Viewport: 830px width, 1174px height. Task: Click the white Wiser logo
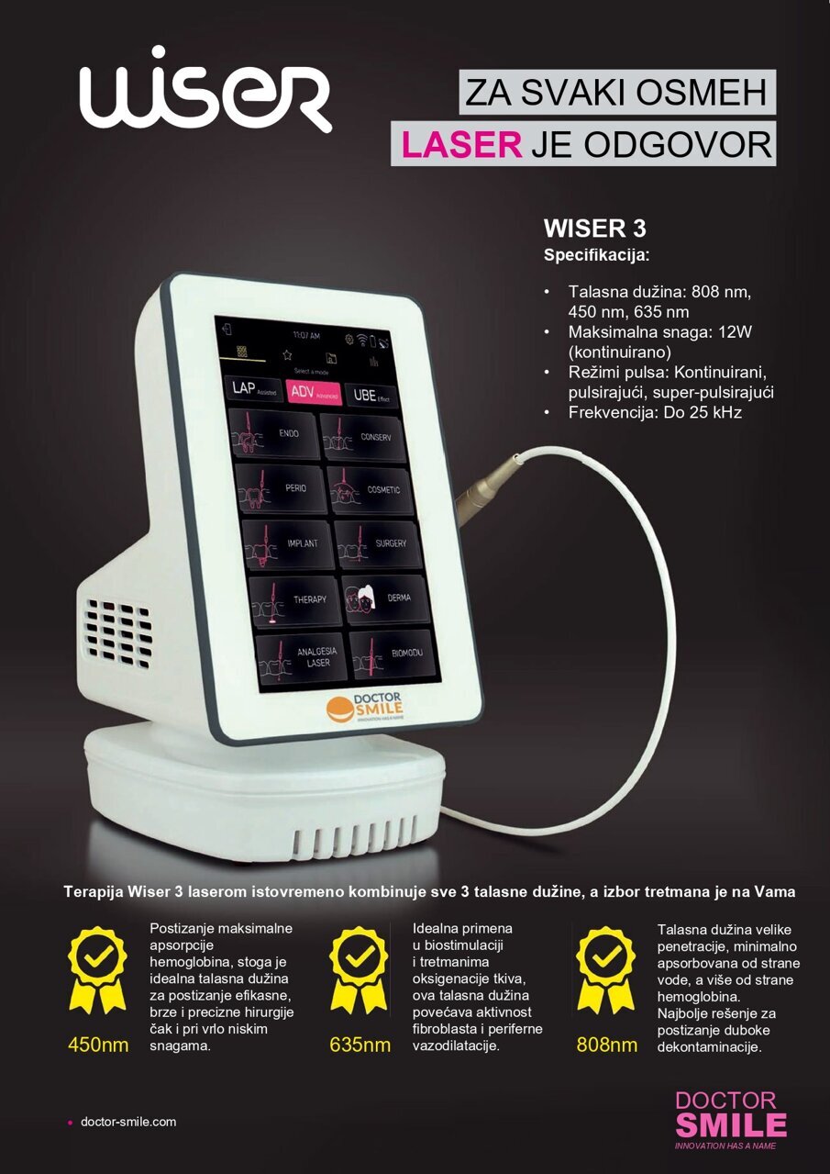coord(204,90)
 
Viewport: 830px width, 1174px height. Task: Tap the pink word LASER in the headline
coord(461,144)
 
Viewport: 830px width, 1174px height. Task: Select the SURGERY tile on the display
coord(379,543)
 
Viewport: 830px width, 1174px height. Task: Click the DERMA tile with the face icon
coord(386,598)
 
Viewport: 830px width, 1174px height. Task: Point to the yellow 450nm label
coord(98,1045)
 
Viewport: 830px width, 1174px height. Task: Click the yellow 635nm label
coord(360,1045)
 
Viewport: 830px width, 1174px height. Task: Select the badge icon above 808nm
coord(605,969)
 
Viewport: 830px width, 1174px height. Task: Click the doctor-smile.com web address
coord(128,1122)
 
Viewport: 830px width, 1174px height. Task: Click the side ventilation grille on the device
coord(120,633)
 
